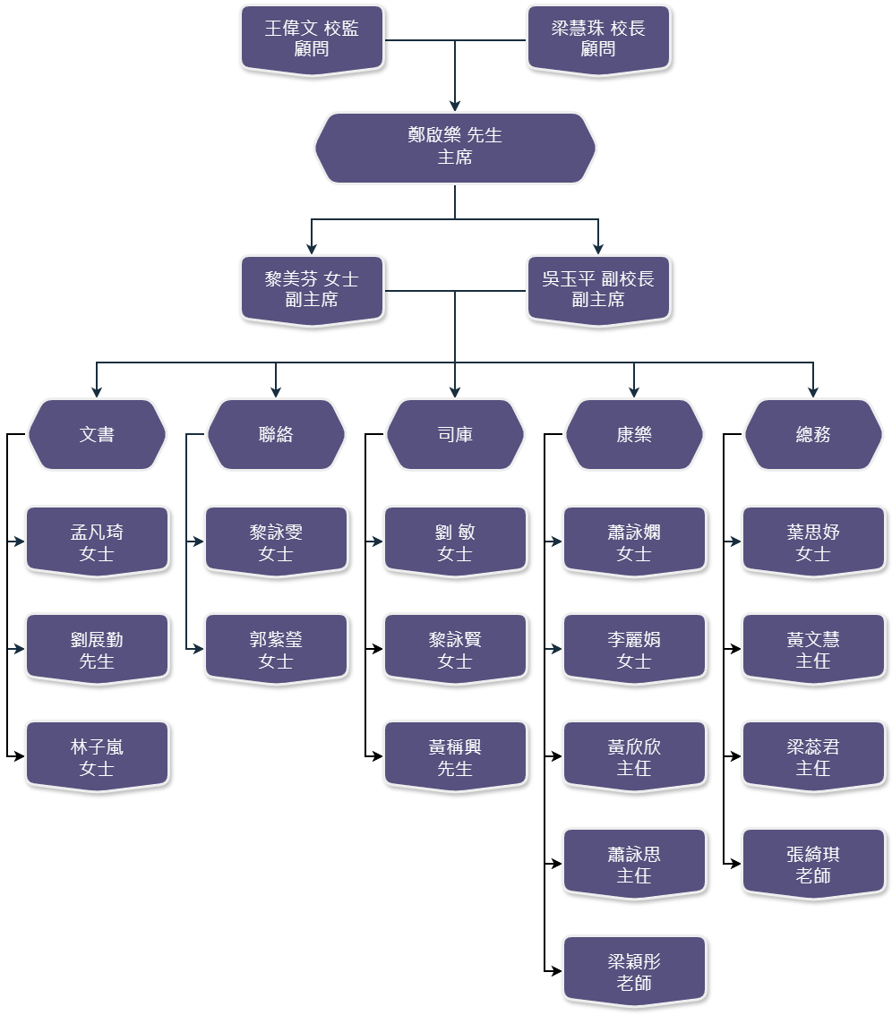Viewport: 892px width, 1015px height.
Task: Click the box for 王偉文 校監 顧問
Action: pos(312,38)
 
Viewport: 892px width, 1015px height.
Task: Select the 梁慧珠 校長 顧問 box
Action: pos(598,38)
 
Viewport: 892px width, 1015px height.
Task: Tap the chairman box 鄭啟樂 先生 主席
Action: pos(455,147)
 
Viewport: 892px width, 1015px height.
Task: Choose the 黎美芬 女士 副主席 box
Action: pos(312,289)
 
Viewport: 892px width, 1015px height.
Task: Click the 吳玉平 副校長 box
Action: pos(598,289)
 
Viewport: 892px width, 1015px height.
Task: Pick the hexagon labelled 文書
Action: pos(97,434)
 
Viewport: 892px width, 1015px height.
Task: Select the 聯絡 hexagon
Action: pos(276,434)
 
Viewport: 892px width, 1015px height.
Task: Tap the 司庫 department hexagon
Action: pos(455,434)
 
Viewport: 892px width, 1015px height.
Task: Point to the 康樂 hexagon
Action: pos(634,434)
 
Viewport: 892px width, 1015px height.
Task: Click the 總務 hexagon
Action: pos(813,434)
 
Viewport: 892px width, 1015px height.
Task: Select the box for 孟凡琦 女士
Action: pos(97,542)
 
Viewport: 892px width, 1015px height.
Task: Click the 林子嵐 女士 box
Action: pos(97,756)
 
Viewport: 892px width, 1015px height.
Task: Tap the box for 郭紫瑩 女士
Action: pos(276,649)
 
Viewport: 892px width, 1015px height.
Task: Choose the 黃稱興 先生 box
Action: pos(455,756)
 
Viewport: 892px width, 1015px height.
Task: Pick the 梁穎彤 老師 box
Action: pos(634,971)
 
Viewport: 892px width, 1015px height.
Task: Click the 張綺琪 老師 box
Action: pos(813,864)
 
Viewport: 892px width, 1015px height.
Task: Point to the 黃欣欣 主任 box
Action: pos(634,756)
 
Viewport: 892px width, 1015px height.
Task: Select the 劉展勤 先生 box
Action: pos(97,649)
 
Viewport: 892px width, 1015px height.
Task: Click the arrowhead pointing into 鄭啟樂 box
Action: pos(455,106)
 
